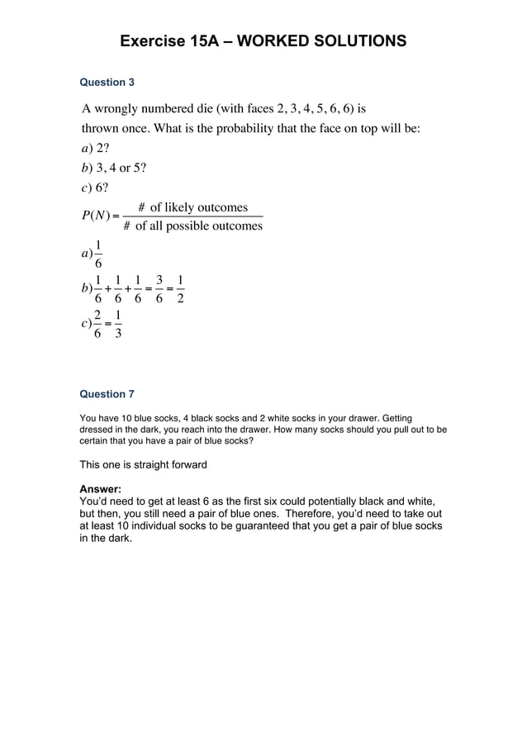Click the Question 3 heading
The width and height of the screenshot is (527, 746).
107,83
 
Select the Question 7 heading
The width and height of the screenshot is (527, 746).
107,394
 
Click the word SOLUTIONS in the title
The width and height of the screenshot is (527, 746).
361,40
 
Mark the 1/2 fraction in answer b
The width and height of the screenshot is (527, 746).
180,288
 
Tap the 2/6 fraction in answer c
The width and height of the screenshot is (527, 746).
98,324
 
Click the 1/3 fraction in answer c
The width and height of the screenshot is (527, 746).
119,324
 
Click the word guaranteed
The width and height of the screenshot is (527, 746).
281,525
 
